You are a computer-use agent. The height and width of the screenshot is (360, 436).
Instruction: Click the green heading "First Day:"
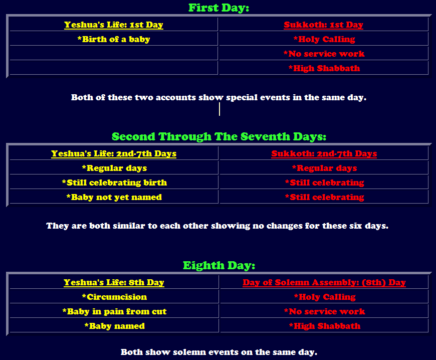[x=219, y=8]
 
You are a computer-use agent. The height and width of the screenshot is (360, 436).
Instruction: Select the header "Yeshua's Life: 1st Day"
[x=114, y=25]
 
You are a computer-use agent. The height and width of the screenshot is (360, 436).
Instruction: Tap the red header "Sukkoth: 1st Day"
[x=323, y=25]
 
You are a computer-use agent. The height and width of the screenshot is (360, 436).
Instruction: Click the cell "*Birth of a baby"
[x=114, y=39]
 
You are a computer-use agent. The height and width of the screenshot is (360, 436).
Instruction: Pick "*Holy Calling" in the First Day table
[x=324, y=39]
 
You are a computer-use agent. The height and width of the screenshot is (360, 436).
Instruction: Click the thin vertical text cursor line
[x=220, y=109]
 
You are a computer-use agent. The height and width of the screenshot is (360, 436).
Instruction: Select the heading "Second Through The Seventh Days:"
[x=219, y=136]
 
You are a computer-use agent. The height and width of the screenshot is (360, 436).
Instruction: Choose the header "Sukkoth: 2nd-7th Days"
[x=324, y=153]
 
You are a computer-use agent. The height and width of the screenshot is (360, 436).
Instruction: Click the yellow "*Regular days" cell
[x=114, y=168]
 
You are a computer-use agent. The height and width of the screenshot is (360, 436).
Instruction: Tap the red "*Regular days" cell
[x=324, y=168]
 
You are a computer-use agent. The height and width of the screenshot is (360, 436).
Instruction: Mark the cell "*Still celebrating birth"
[x=114, y=183]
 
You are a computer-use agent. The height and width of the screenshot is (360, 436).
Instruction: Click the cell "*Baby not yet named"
[x=114, y=197]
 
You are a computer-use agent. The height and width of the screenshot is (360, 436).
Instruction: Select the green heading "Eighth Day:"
[x=219, y=265]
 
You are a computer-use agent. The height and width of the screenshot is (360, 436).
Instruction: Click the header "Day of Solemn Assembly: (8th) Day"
[x=324, y=282]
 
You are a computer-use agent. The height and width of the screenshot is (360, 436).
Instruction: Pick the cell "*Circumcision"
[x=114, y=297]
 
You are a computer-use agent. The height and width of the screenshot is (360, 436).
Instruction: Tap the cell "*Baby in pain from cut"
[x=114, y=311]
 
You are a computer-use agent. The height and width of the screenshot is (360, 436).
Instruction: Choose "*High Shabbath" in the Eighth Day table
[x=325, y=326]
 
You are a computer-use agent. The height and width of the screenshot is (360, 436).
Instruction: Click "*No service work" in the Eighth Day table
[x=324, y=311]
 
